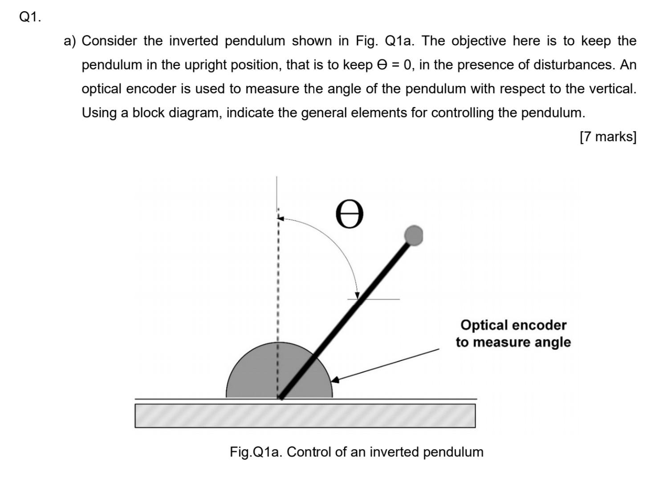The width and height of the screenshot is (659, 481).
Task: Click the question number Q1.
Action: coord(30,17)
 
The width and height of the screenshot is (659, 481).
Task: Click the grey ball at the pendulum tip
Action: coord(414,235)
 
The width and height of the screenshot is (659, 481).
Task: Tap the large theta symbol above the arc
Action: coord(350,214)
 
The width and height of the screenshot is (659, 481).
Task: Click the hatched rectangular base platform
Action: coord(305,416)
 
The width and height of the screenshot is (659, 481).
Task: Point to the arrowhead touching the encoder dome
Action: coord(335,380)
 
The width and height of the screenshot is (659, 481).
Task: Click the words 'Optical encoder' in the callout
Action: coord(513,325)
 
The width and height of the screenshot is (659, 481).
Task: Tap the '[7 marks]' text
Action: coord(608,136)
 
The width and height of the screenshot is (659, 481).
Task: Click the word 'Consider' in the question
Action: coord(109,41)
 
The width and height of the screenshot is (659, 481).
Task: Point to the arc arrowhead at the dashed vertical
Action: coord(281,218)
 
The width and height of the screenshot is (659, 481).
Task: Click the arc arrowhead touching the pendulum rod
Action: coord(357,295)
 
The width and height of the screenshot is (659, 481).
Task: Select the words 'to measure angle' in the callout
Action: coord(513,342)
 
